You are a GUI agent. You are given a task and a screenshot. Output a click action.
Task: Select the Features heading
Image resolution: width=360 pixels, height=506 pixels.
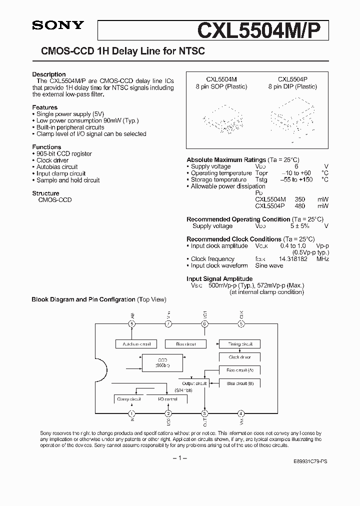pyautogui.click(x=44, y=107)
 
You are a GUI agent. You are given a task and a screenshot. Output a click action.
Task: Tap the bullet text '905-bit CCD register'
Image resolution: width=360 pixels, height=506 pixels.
pyautogui.click(x=64, y=154)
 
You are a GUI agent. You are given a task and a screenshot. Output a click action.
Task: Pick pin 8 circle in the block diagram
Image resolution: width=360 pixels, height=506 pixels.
pyautogui.click(x=132, y=323)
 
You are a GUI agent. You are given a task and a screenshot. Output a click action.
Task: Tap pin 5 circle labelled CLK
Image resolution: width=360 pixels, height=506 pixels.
pyautogui.click(x=241, y=323)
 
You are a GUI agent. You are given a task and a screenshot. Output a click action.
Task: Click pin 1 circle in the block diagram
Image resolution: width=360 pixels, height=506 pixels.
pyautogui.click(x=132, y=413)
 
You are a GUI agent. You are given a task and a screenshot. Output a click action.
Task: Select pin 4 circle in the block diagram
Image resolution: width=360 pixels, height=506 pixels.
pyautogui.click(x=241, y=413)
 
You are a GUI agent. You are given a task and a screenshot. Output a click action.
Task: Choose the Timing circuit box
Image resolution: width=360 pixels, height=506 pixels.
pyautogui.click(x=239, y=344)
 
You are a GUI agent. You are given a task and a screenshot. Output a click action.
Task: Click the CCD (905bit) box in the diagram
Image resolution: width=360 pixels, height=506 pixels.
pyautogui.click(x=162, y=363)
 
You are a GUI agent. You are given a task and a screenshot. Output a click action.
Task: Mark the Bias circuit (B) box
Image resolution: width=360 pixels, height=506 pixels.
pyautogui.click(x=239, y=383)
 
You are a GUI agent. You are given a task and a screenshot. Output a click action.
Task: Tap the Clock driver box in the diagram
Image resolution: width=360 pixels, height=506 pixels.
pyautogui.click(x=239, y=357)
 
